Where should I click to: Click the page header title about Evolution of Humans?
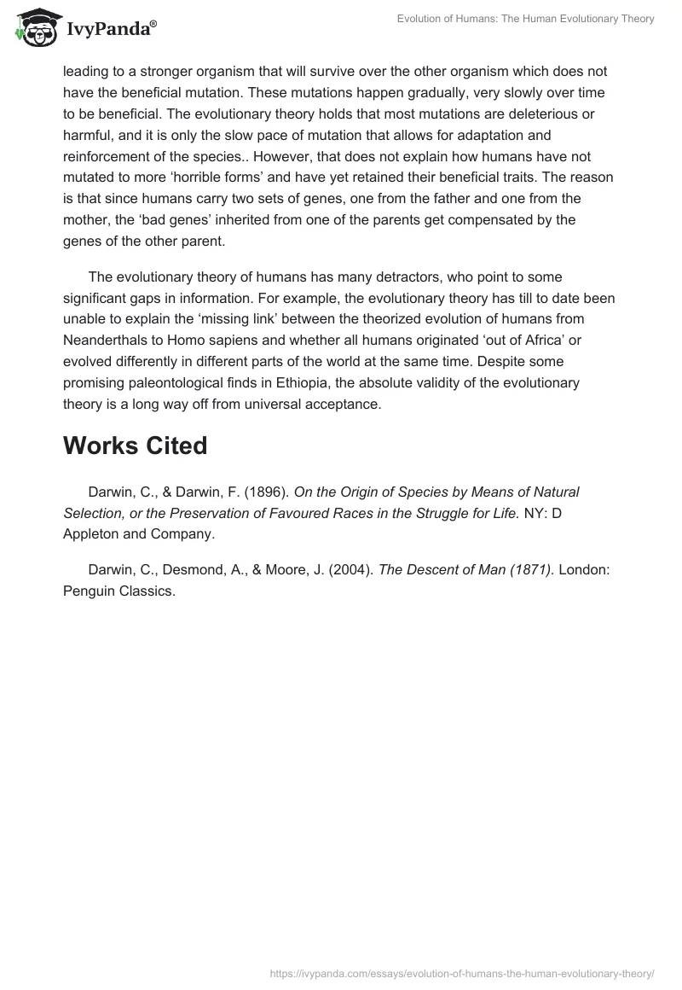(526, 19)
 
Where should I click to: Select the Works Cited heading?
(135, 445)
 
